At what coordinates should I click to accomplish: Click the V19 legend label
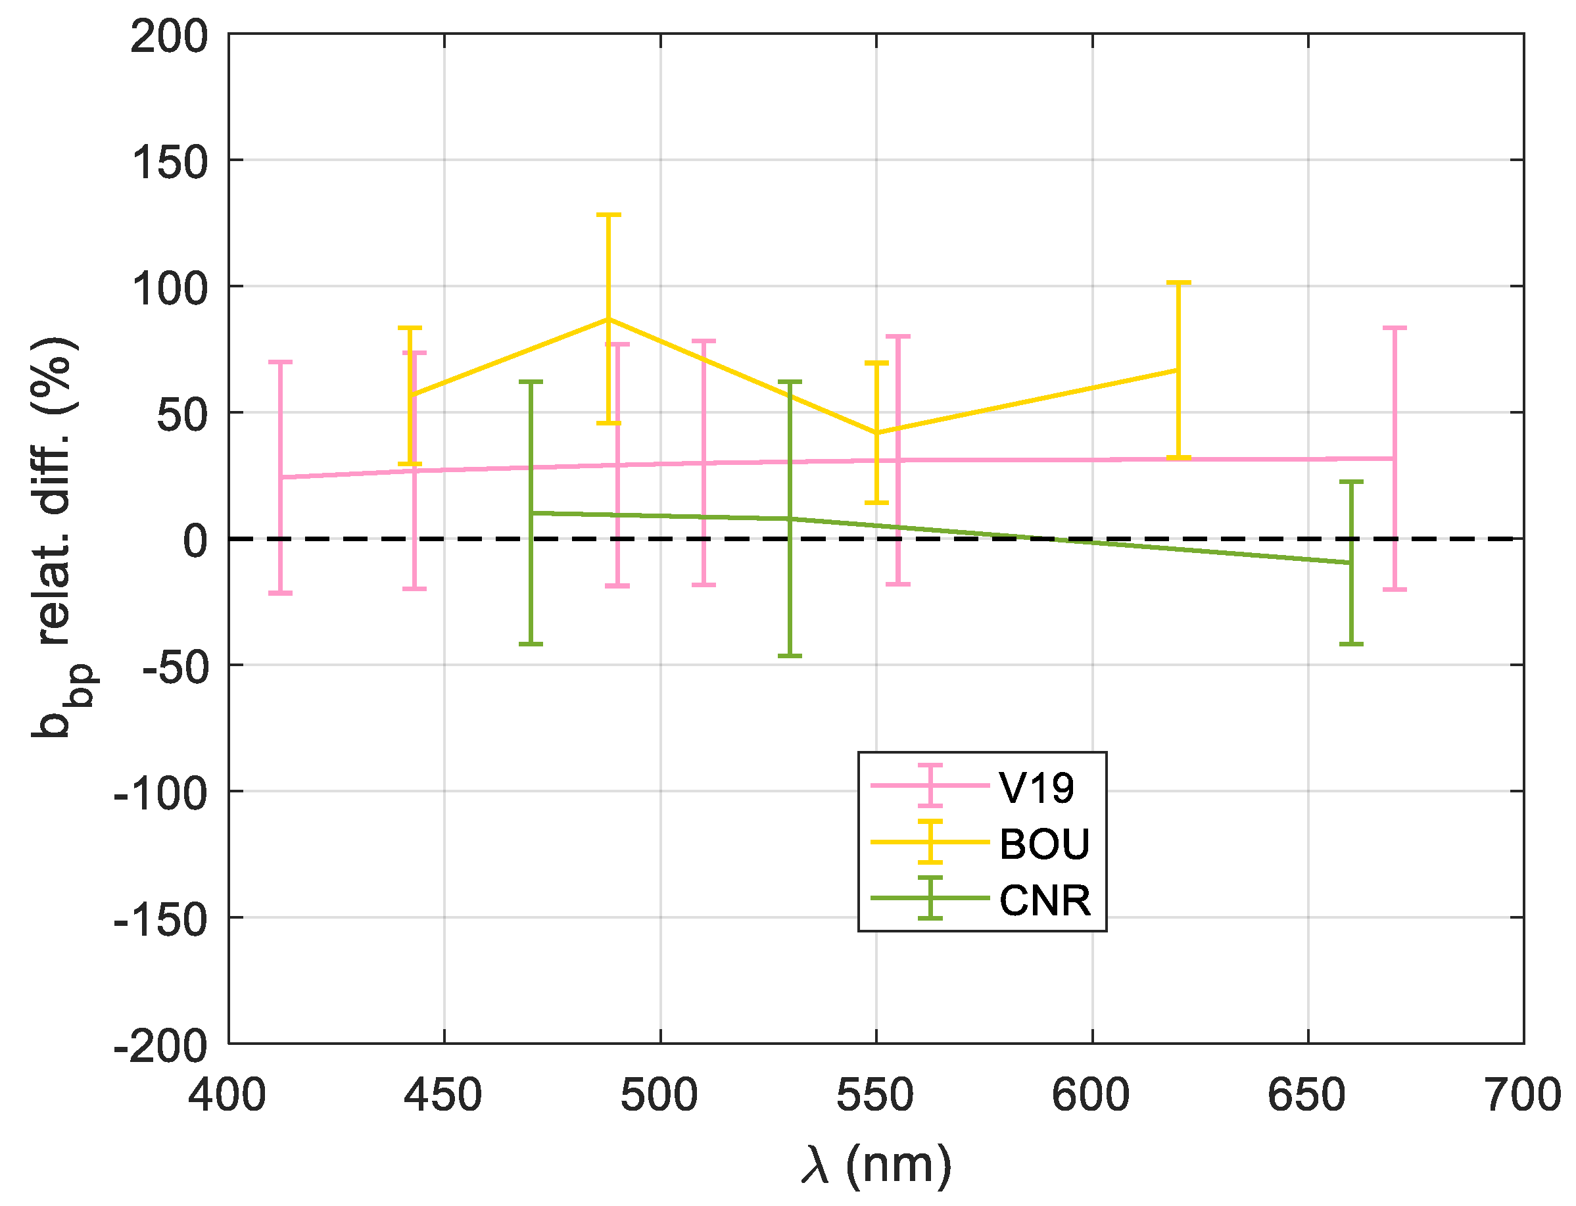point(1036,788)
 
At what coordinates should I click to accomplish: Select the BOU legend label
point(1044,844)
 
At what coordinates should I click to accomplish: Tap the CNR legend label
point(1044,900)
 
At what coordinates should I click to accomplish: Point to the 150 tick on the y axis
point(170,162)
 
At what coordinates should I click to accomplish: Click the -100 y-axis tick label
point(161,794)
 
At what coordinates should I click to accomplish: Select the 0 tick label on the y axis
point(195,541)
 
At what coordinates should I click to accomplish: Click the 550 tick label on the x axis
point(875,1096)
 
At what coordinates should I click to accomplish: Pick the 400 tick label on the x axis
point(227,1096)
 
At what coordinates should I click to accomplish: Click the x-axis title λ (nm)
point(876,1164)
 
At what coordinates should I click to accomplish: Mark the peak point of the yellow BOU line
point(609,319)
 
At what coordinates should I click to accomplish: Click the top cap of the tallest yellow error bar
point(609,214)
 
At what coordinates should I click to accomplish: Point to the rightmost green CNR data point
point(1350,563)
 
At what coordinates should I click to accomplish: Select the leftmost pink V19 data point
point(280,477)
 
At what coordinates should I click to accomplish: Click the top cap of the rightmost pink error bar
point(1395,327)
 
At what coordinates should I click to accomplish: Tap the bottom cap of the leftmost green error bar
point(531,644)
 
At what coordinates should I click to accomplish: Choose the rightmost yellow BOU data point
point(1178,370)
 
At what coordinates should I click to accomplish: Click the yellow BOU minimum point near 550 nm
point(876,433)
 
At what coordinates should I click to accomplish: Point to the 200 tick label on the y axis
point(170,37)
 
